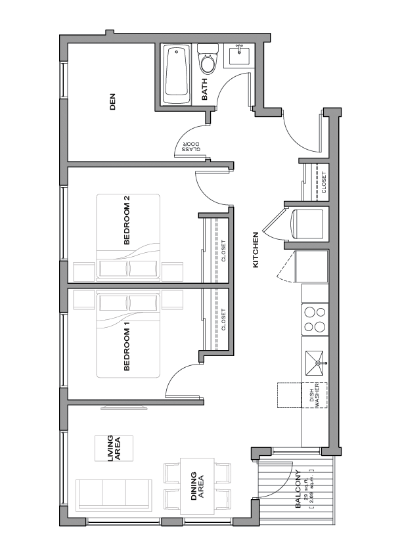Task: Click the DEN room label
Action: click(112, 102)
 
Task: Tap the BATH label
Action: click(204, 89)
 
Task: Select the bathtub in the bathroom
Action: click(177, 74)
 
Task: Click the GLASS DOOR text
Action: click(191, 146)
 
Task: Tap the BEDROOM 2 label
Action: click(127, 220)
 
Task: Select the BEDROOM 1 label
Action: click(127, 349)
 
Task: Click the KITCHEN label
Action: click(256, 250)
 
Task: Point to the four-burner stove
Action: click(315, 319)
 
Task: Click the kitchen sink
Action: click(315, 363)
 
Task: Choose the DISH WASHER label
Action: click(315, 395)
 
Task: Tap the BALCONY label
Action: click(298, 489)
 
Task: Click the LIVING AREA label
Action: click(114, 449)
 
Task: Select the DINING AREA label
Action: click(197, 486)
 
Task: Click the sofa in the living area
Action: click(114, 495)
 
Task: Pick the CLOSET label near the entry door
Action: click(324, 183)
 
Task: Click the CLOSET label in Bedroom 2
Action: click(223, 251)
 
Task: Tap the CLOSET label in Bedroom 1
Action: click(223, 320)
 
